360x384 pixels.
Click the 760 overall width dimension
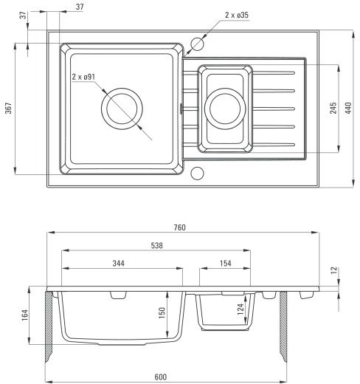[180, 227]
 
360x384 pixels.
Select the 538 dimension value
[157, 245]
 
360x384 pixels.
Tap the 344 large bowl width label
[119, 263]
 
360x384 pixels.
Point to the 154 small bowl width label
[226, 263]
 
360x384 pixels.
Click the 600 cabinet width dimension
[161, 377]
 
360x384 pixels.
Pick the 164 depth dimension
[25, 315]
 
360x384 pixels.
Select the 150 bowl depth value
[162, 313]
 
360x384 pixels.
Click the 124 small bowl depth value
[240, 309]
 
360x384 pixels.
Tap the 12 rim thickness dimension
[335, 270]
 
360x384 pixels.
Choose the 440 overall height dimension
[348, 108]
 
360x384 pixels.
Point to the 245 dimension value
[333, 108]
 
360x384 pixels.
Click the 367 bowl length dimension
[9, 108]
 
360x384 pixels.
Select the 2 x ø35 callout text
[237, 15]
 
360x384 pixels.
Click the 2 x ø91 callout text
[83, 77]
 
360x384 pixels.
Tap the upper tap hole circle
[197, 44]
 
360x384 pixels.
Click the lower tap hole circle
[197, 173]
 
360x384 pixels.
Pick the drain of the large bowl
[122, 109]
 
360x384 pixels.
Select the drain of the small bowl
[225, 109]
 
